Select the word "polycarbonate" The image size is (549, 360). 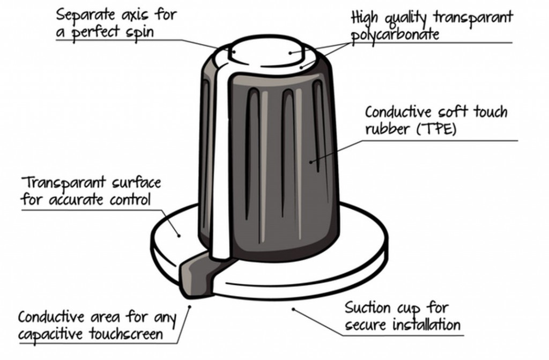point(395,35)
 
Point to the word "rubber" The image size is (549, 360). point(387,129)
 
